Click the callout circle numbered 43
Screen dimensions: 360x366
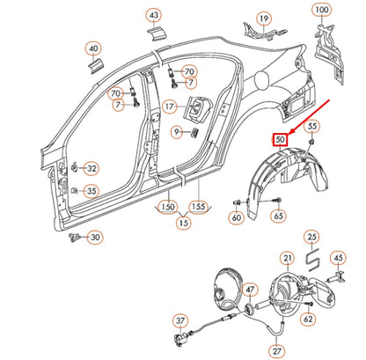(x=154, y=16)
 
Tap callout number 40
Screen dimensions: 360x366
(x=92, y=49)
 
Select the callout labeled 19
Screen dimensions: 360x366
(x=263, y=18)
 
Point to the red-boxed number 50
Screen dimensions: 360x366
(x=279, y=139)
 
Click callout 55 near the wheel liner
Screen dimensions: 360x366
(x=312, y=128)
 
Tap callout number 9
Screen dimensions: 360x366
(x=177, y=132)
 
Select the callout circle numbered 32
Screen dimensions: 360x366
(x=91, y=167)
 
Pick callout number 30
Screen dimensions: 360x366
(x=95, y=236)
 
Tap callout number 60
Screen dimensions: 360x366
(x=237, y=217)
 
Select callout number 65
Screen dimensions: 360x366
(x=278, y=215)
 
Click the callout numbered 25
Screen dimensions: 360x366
(x=311, y=238)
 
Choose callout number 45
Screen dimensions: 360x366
(x=337, y=257)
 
